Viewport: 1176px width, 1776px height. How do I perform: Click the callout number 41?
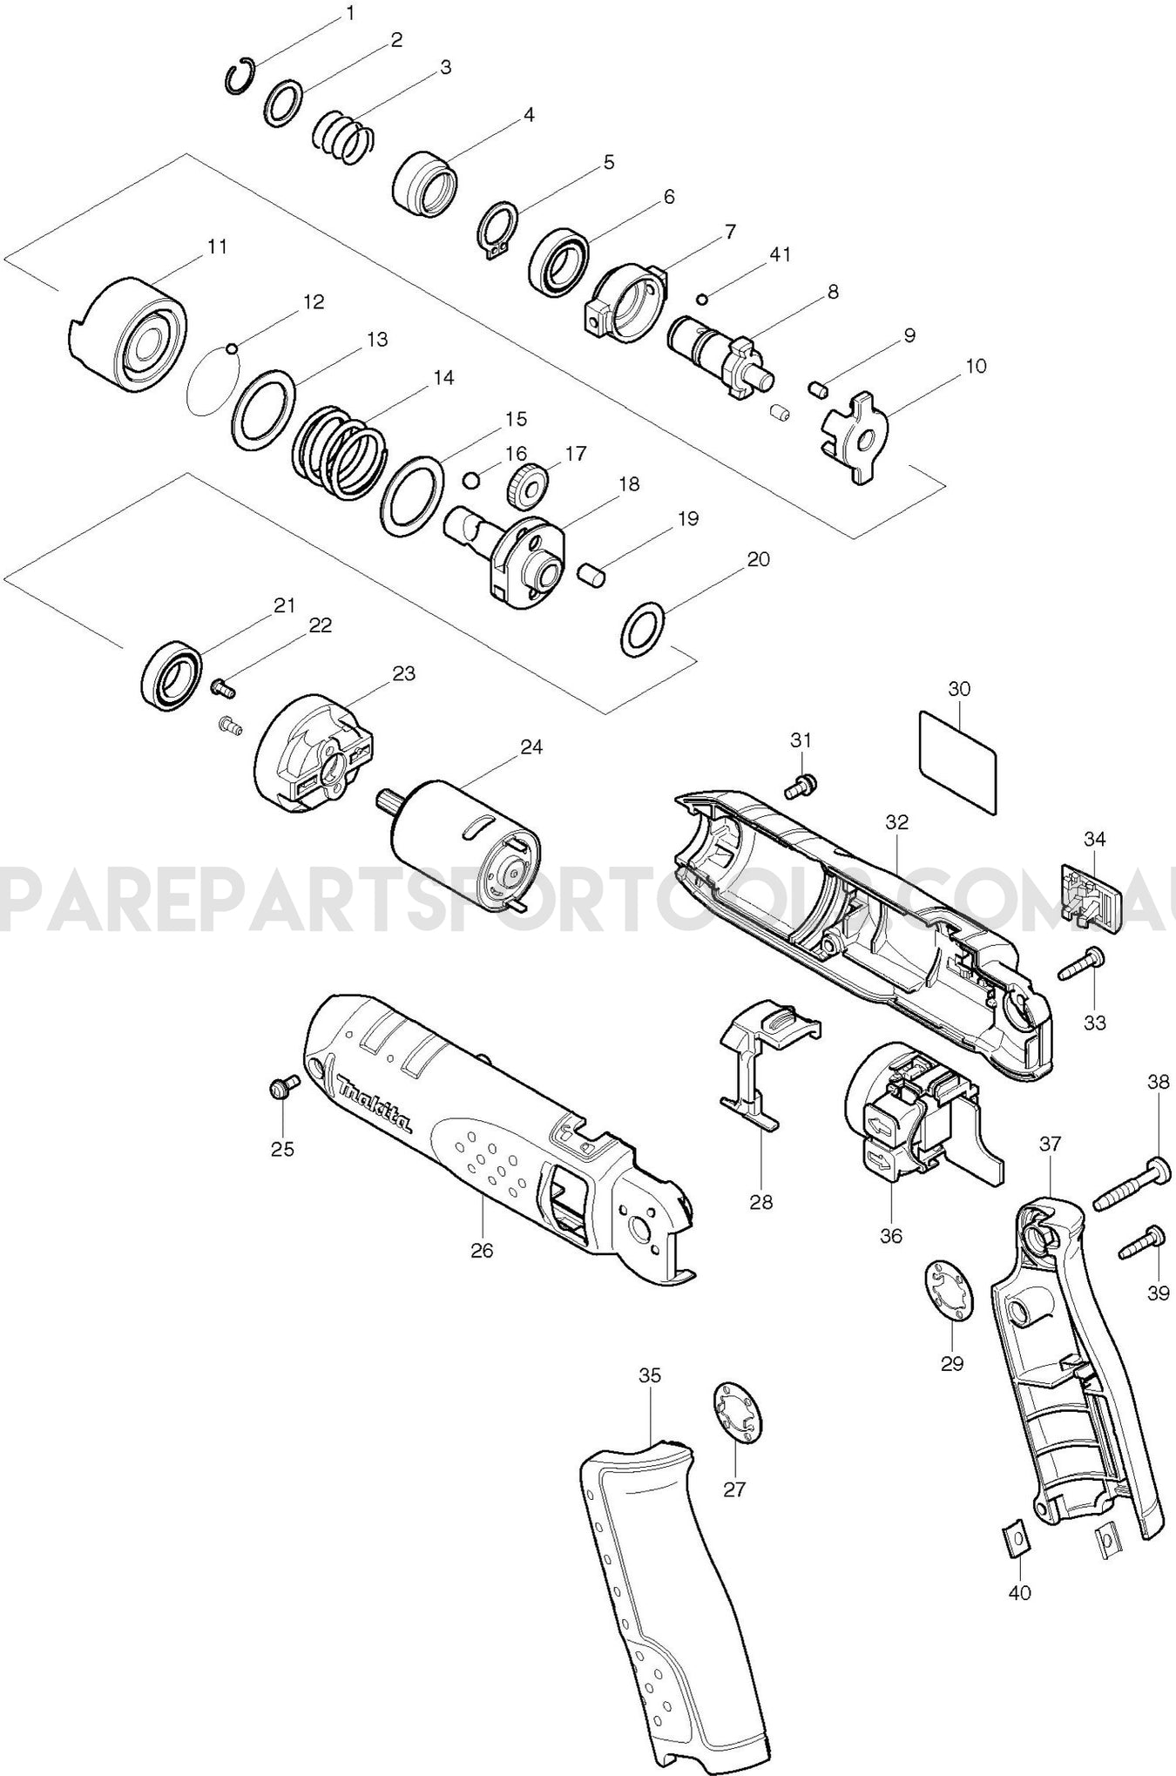(x=780, y=255)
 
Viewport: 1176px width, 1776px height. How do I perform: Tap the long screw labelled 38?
(x=1129, y=1176)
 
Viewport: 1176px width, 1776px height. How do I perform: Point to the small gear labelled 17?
(x=528, y=485)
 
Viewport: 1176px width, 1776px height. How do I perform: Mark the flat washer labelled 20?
(x=643, y=626)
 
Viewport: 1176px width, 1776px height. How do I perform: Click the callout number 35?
(x=650, y=1376)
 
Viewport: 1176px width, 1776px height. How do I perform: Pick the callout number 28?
(x=761, y=1202)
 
